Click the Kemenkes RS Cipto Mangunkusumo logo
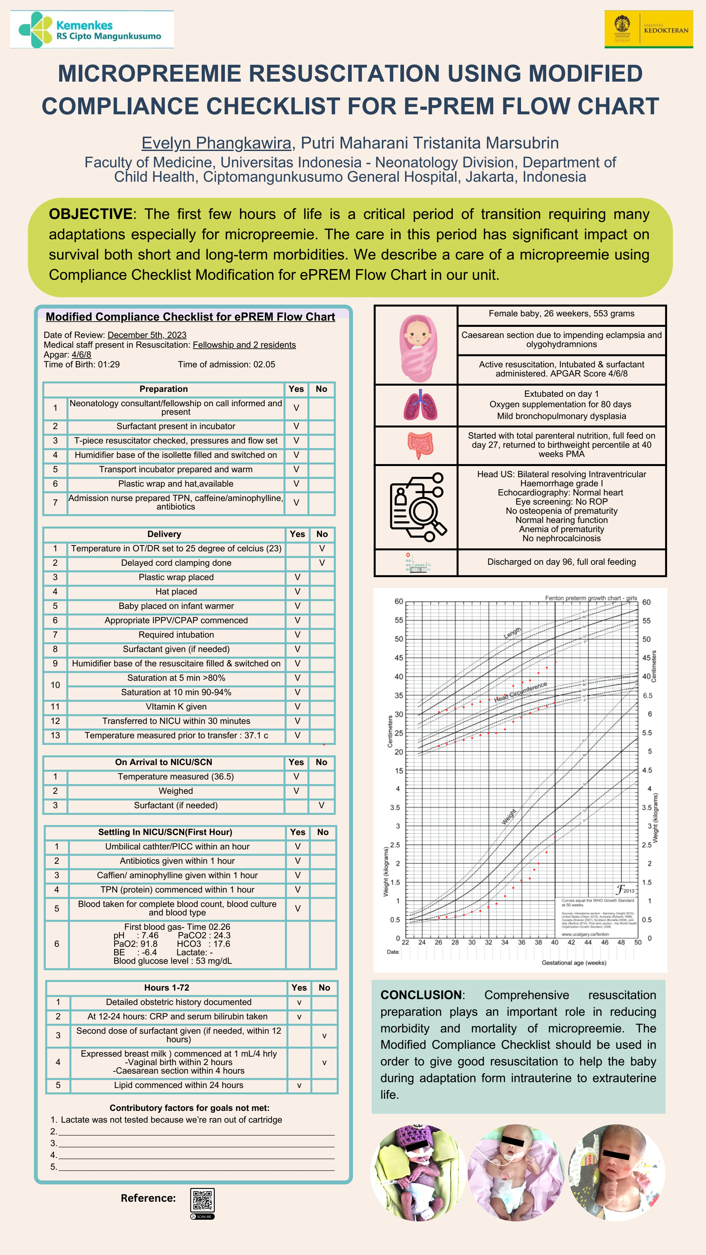tap(92, 30)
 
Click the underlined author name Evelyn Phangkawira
tap(216, 143)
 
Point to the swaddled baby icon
tap(418, 346)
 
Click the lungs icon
tap(420, 405)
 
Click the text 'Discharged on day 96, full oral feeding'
tap(561, 562)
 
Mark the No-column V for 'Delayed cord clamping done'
tap(322, 563)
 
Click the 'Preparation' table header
tap(164, 389)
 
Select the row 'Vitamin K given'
tap(176, 706)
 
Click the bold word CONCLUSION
tap(421, 995)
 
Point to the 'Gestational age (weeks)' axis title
tap(574, 963)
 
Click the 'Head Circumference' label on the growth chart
tap(520, 692)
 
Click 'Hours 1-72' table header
tap(167, 988)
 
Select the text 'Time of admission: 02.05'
tap(226, 364)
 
